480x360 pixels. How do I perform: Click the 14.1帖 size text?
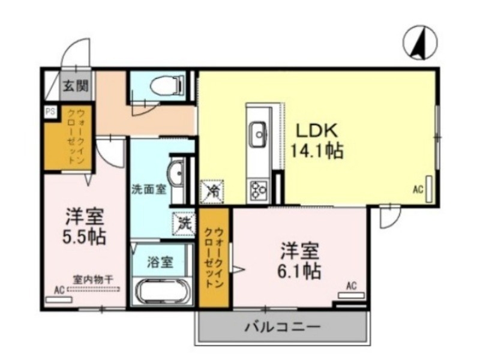click(317, 151)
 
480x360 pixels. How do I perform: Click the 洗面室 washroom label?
click(148, 187)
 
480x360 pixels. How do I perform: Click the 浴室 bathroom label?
click(161, 262)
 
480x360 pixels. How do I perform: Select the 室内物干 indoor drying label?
click(93, 279)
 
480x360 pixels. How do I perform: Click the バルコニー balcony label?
click(282, 328)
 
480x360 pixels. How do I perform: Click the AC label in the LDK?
click(418, 190)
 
